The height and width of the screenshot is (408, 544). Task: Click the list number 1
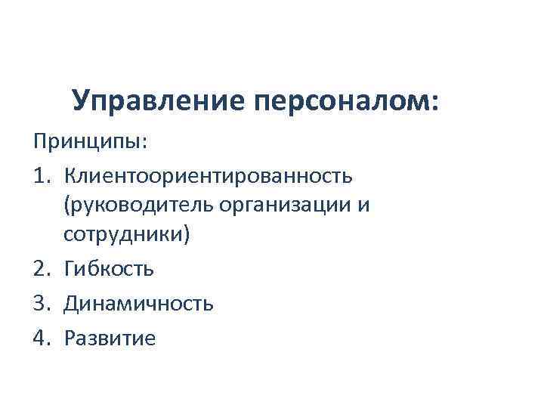pos(40,176)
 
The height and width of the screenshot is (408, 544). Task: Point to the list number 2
pos(40,268)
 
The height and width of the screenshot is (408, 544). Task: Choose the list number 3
pos(40,304)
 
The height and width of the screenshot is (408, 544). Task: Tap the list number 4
pos(40,338)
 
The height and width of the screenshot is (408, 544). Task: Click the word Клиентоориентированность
pos(207,176)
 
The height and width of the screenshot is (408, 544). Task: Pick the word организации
pos(280,206)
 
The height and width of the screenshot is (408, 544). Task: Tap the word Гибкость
pos(109,268)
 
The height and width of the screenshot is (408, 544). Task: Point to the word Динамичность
pos(138,304)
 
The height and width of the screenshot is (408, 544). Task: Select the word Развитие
pos(110,338)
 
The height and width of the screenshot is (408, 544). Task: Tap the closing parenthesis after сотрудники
pos(187,235)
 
